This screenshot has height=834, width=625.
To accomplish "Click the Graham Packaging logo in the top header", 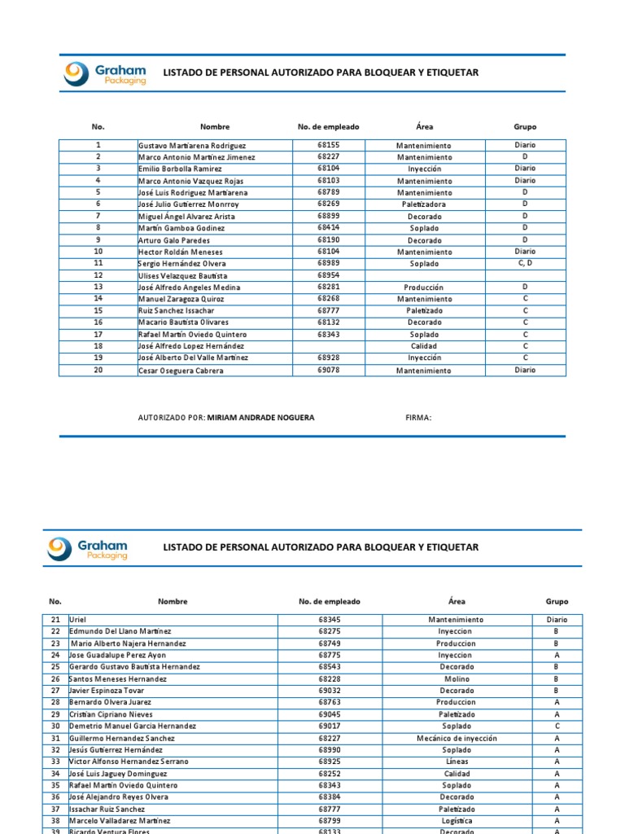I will tap(105, 74).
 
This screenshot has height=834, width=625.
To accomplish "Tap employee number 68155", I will tap(329, 145).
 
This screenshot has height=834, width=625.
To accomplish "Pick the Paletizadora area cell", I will tap(423, 204).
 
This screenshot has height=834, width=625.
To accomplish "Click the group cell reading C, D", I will tap(525, 264).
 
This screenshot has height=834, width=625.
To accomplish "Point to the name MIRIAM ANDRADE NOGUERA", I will tap(260, 418).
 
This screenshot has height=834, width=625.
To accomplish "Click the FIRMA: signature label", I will tap(418, 418).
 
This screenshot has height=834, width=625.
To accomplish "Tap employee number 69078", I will tap(329, 371).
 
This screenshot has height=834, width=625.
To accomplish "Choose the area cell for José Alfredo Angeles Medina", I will tap(423, 288).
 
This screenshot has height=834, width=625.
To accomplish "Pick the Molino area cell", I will tap(456, 678).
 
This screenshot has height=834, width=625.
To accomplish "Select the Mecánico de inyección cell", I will tap(456, 738).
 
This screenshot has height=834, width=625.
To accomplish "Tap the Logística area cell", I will tap(456, 821).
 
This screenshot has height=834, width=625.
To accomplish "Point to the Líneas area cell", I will tap(456, 762).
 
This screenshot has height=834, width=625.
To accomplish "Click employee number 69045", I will tap(329, 714).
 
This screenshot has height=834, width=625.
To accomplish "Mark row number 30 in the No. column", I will tap(55, 726).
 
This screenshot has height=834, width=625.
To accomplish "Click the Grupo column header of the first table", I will tap(525, 127).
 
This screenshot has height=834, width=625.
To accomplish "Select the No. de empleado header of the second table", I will tap(329, 602).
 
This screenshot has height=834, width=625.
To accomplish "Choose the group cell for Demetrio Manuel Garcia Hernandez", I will tap(557, 726).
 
